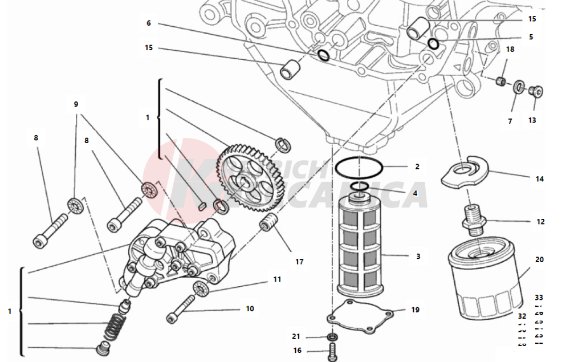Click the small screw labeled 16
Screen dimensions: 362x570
[332, 352]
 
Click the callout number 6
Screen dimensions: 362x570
[149, 23]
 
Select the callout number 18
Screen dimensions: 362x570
[510, 50]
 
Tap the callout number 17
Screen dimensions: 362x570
[299, 262]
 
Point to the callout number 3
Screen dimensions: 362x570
[418, 257]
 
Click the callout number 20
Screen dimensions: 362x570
[539, 259]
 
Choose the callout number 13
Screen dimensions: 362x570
[532, 120]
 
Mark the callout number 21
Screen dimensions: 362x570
[296, 336]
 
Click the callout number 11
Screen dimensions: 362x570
[277, 279]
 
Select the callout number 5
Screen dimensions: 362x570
[531, 37]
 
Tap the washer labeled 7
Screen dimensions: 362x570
[519, 87]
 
